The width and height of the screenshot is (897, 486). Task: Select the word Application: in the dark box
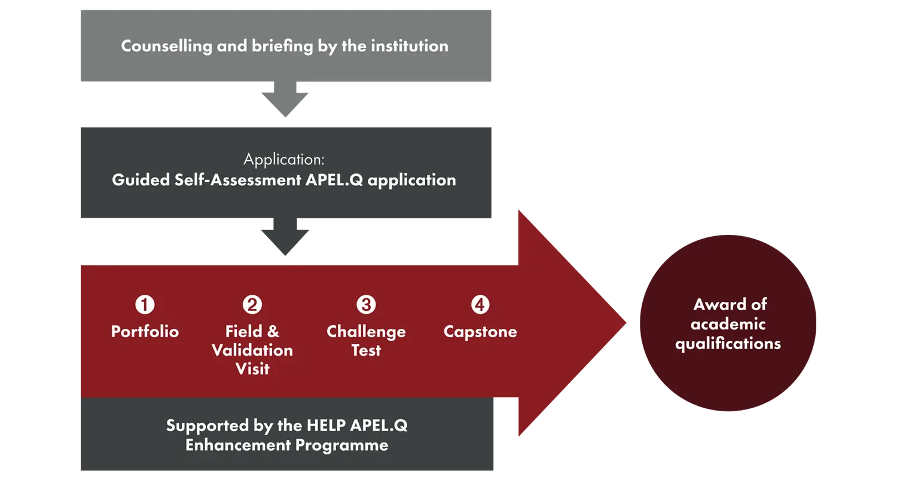click(284, 159)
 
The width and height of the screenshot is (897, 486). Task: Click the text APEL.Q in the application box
click(334, 180)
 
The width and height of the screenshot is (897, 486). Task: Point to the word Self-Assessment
click(238, 180)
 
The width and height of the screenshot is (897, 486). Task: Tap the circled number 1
click(145, 305)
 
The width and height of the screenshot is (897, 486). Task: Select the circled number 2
click(252, 305)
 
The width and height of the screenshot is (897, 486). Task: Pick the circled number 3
click(366, 305)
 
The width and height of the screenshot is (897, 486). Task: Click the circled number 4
click(480, 305)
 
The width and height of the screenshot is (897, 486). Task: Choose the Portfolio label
click(145, 332)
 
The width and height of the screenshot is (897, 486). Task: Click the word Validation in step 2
click(252, 350)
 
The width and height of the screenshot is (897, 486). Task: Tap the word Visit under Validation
click(252, 369)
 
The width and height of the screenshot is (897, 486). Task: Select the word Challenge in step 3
click(366, 332)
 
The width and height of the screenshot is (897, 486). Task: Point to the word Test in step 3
click(366, 350)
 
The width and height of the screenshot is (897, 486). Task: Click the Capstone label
click(480, 332)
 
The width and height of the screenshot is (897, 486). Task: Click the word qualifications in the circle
click(728, 344)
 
